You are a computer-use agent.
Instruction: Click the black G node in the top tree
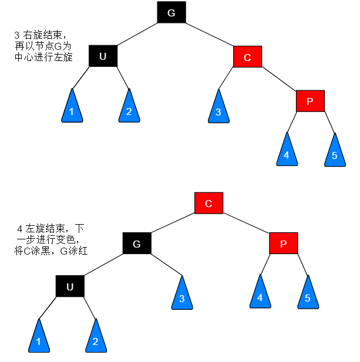pyautogui.click(x=171, y=13)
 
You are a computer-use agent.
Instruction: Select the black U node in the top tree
pyautogui.click(x=103, y=56)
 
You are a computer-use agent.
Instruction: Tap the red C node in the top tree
pyautogui.click(x=247, y=57)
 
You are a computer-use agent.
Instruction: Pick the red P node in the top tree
pyautogui.click(x=310, y=101)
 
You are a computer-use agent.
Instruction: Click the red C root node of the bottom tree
pyautogui.click(x=208, y=203)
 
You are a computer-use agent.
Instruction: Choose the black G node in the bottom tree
pyautogui.click(x=137, y=243)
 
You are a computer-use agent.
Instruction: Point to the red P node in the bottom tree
pyautogui.click(x=284, y=243)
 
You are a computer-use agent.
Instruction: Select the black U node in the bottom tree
pyautogui.click(x=70, y=286)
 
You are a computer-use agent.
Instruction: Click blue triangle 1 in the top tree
pyautogui.click(x=72, y=109)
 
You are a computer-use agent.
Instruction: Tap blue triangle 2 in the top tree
pyautogui.click(x=129, y=109)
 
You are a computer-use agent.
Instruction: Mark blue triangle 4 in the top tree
pyautogui.click(x=287, y=153)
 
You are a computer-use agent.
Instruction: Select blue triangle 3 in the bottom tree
pyautogui.click(x=181, y=296)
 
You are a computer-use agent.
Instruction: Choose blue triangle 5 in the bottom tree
pyautogui.click(x=308, y=295)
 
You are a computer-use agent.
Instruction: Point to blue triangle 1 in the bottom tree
pyautogui.click(x=39, y=339)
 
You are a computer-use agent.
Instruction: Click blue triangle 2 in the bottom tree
pyautogui.click(x=95, y=339)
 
